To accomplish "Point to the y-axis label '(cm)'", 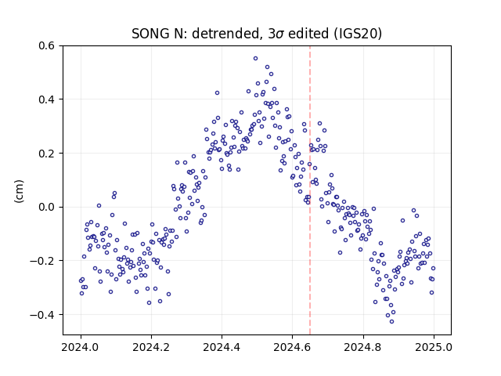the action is (x=19, y=191).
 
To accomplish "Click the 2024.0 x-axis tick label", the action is (x=81, y=347).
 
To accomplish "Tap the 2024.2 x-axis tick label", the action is (x=151, y=347).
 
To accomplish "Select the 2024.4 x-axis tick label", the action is (x=222, y=347).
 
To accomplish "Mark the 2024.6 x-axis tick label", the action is (x=292, y=347).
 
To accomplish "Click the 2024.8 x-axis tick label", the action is (x=363, y=347).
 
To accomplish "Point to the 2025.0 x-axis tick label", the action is (x=434, y=347).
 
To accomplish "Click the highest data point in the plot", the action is (x=256, y=59).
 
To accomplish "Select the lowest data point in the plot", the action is (x=391, y=322).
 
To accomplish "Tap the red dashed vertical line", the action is (x=310, y=190).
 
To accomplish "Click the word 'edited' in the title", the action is (x=308, y=34).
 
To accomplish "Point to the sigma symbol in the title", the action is (x=280, y=34).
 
